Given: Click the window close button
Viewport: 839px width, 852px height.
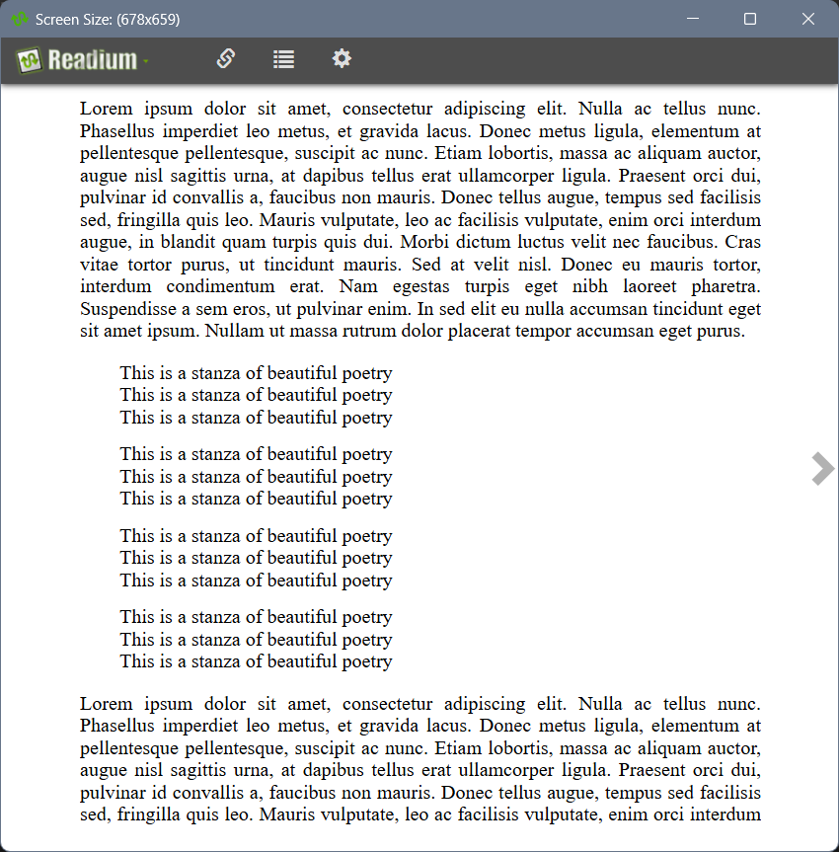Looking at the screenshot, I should pyautogui.click(x=807, y=19).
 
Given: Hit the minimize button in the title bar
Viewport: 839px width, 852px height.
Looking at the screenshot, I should pyautogui.click(x=693, y=19).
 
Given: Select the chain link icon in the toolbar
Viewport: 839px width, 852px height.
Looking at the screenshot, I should pyautogui.click(x=225, y=59).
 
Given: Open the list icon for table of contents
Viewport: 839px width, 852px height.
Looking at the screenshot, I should pyautogui.click(x=283, y=59).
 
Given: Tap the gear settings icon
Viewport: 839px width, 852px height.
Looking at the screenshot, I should pyautogui.click(x=342, y=59).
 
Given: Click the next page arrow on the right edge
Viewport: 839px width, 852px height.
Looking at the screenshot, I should pyautogui.click(x=821, y=469).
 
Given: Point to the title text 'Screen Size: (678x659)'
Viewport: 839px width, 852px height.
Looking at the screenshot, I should pyautogui.click(x=108, y=20).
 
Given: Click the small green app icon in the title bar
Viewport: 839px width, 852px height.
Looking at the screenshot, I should pyautogui.click(x=20, y=19).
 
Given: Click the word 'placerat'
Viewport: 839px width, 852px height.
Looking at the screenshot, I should pyautogui.click(x=479, y=332).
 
